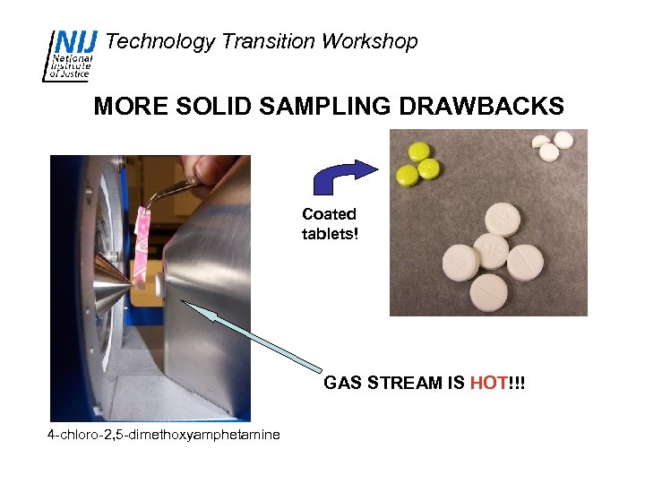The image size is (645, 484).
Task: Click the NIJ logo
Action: (x=70, y=55)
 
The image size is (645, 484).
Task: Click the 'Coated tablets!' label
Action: (x=329, y=224)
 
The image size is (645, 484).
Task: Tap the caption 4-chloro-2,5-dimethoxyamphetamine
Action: (x=163, y=435)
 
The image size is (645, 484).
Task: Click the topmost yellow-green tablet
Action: (x=417, y=150)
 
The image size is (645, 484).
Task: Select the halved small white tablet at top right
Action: (x=541, y=142)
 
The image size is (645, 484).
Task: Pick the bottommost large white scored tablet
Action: (x=489, y=290)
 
